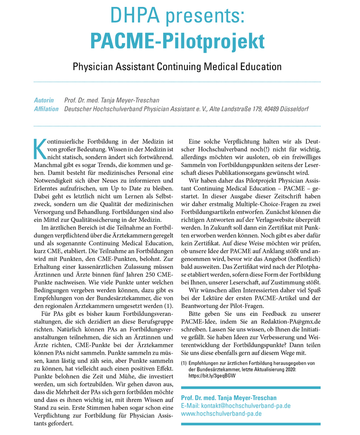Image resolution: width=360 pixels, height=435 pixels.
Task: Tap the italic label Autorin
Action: click(x=44, y=100)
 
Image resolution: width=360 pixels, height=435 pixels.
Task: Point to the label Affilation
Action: click(x=46, y=109)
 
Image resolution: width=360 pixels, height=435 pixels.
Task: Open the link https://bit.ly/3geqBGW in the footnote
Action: click(x=212, y=375)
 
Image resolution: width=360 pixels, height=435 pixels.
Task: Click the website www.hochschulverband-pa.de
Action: click(x=221, y=413)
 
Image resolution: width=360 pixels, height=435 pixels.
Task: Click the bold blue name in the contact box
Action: click(x=229, y=397)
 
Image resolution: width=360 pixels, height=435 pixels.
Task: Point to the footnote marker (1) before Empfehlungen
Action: click(x=184, y=363)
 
